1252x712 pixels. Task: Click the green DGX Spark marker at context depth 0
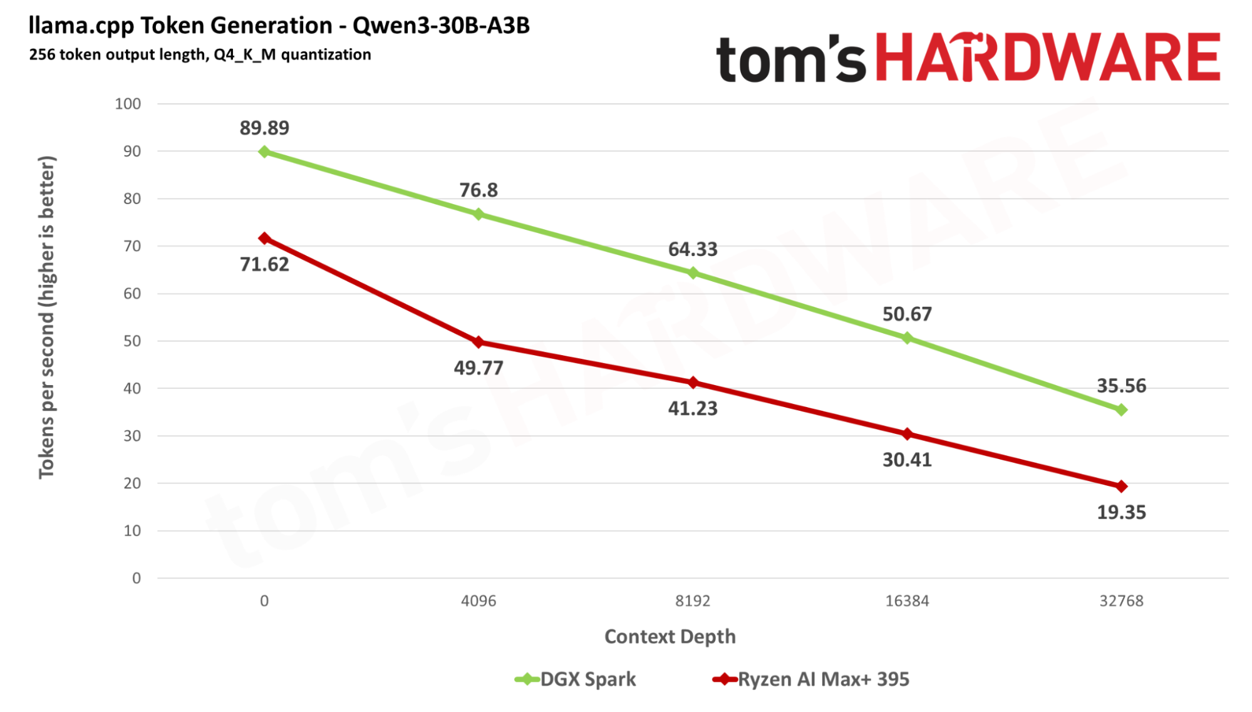point(264,152)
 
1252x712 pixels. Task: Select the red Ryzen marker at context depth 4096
point(479,342)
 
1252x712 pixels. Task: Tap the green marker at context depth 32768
point(1121,410)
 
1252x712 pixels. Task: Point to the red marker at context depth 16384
point(907,433)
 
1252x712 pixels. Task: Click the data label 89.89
point(264,128)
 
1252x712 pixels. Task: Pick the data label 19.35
point(1121,512)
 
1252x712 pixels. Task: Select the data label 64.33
point(693,249)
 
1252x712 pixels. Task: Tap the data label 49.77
point(479,368)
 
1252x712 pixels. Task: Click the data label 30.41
point(907,460)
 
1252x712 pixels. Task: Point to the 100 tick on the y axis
point(128,104)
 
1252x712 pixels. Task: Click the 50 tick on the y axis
point(132,341)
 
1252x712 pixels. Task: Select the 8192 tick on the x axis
point(693,601)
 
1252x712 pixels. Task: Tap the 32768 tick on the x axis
point(1121,601)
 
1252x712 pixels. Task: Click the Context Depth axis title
point(670,636)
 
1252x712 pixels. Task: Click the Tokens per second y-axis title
point(47,317)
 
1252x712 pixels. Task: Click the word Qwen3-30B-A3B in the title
point(441,26)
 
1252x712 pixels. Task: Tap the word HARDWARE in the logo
point(1047,58)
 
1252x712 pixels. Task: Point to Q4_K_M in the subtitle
point(244,54)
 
